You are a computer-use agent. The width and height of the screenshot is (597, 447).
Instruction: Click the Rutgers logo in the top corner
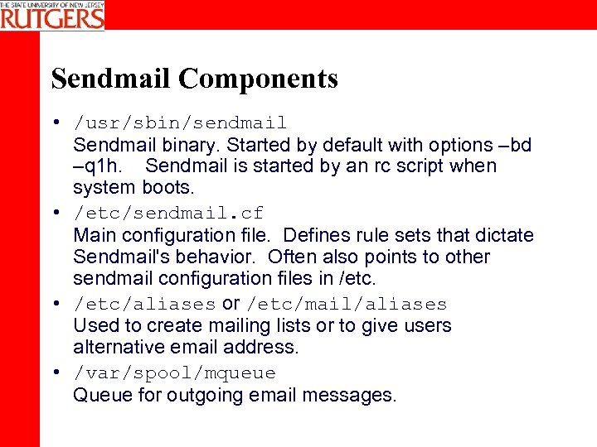point(52,15)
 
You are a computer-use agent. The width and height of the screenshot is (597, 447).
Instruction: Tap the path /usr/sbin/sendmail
point(180,123)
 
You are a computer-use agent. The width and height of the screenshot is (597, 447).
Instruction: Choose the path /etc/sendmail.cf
point(168,214)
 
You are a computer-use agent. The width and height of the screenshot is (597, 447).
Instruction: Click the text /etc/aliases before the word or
point(145,305)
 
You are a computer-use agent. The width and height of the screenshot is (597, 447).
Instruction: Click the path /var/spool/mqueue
point(174,373)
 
